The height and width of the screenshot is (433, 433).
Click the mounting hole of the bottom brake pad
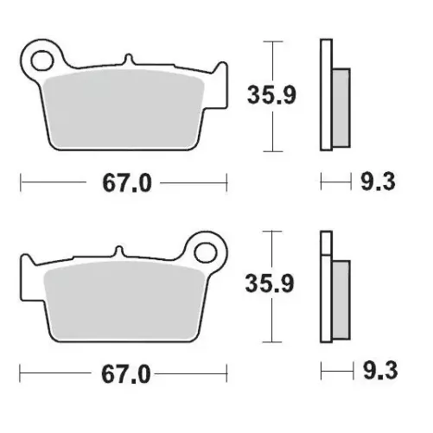coord(206,252)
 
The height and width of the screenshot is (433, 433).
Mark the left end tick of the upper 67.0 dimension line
coord(20,183)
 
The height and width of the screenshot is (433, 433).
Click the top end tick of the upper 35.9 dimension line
coord(273,41)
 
